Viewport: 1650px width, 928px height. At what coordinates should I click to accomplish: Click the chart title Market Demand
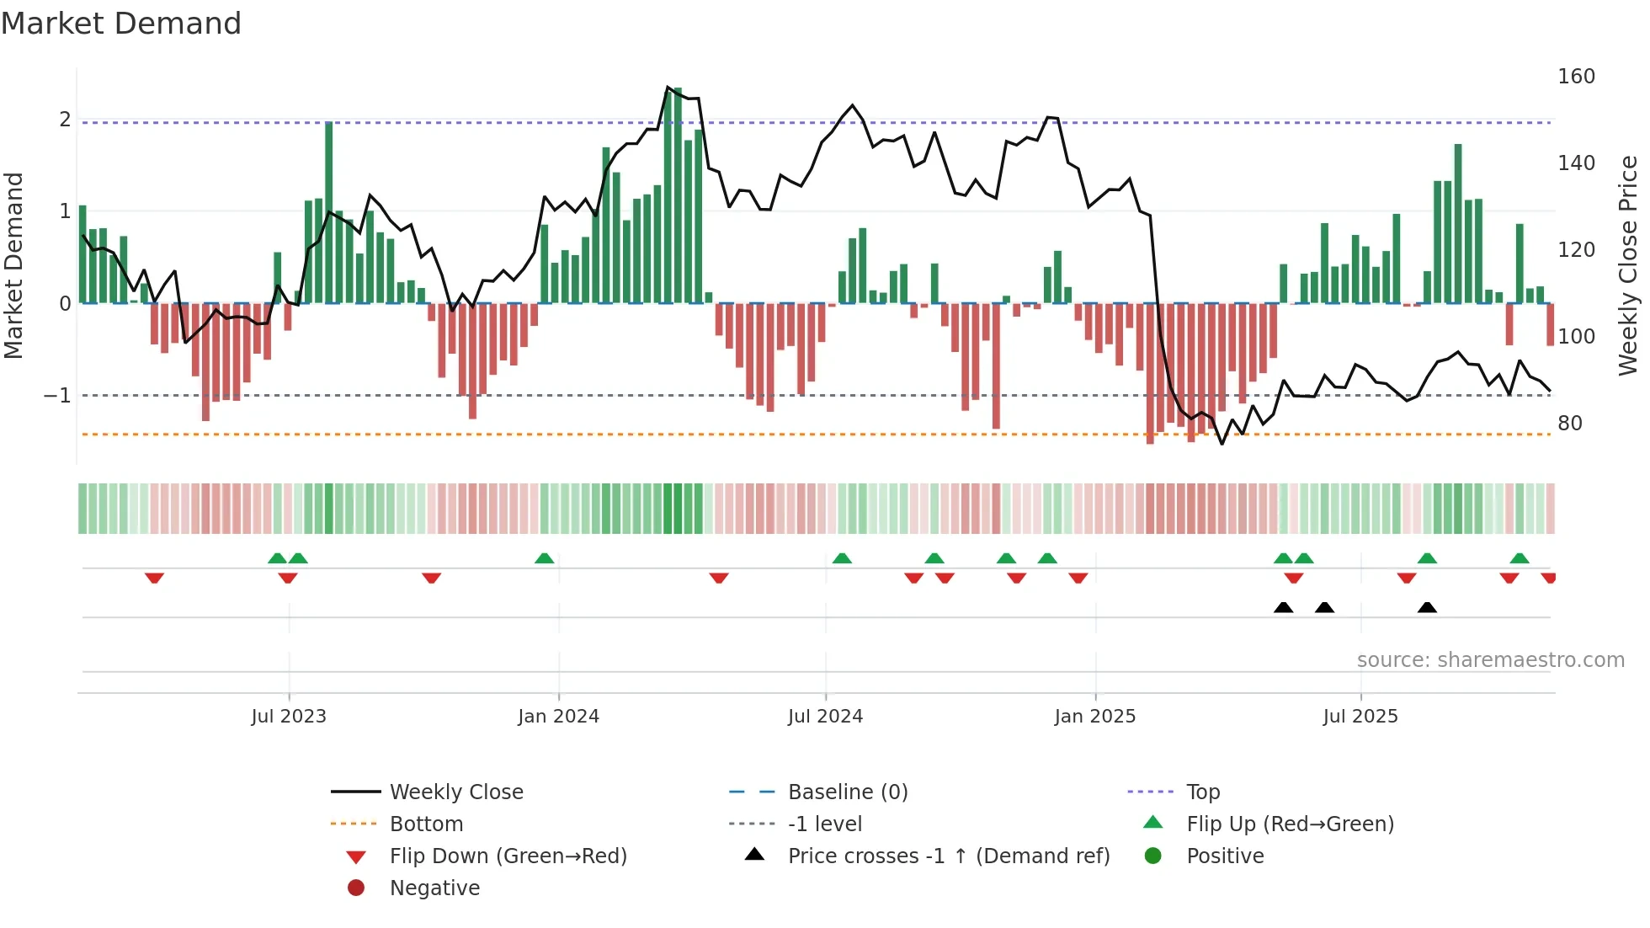click(121, 24)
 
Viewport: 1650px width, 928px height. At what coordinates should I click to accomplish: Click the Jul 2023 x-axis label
click(289, 717)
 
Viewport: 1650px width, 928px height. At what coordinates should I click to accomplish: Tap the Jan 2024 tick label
click(558, 717)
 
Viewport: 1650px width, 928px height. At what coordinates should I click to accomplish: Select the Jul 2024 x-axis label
click(825, 717)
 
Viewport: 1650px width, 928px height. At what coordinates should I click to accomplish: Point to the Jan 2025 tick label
click(1094, 717)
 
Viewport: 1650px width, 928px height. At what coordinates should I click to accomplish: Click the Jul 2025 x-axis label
click(1360, 717)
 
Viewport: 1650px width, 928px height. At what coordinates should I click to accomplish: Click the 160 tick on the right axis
click(1576, 77)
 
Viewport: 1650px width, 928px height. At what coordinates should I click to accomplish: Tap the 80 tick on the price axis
click(1570, 424)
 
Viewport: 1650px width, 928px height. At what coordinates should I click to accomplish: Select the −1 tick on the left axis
click(58, 395)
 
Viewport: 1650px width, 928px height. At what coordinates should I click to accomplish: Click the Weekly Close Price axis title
click(1628, 265)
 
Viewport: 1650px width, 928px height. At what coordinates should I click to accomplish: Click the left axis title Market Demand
click(13, 265)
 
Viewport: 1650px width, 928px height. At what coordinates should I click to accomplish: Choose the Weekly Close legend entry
click(455, 792)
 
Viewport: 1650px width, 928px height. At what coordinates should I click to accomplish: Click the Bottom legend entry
click(426, 824)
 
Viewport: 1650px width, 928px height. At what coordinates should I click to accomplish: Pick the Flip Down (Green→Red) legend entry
click(508, 856)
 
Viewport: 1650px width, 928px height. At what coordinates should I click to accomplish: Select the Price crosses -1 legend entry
click(948, 856)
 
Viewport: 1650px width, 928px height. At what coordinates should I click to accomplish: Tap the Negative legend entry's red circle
click(356, 888)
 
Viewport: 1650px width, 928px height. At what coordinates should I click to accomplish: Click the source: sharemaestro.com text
click(1490, 660)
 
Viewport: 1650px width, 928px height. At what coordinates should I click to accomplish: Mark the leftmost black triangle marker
click(1283, 607)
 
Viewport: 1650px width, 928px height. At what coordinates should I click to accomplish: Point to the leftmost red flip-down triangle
click(154, 578)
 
